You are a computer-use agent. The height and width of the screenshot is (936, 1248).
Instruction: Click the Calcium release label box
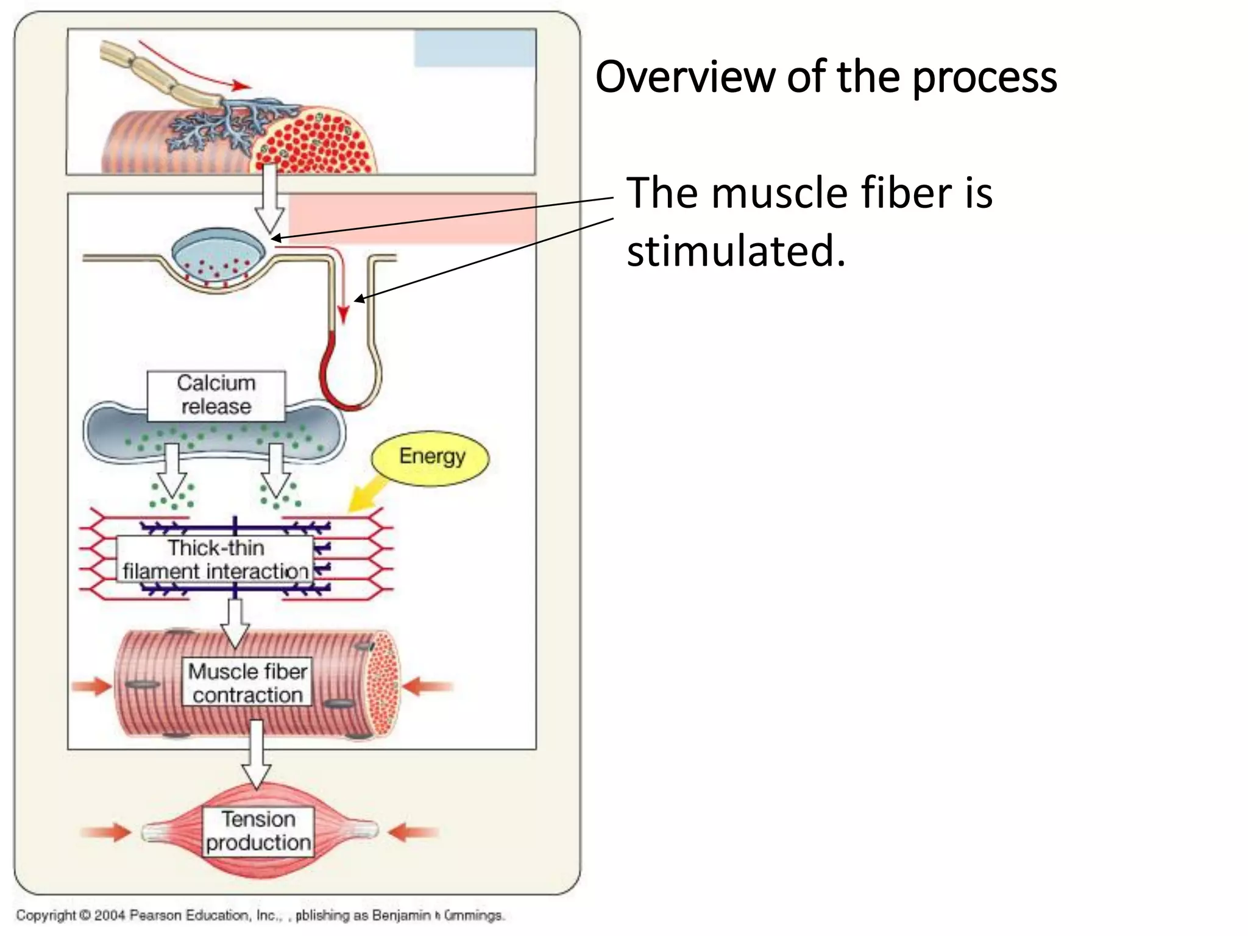click(216, 395)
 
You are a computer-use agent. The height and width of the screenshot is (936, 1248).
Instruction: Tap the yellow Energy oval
click(431, 458)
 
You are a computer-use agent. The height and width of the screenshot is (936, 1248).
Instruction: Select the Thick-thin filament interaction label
click(215, 559)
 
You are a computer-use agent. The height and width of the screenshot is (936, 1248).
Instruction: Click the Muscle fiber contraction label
click(247, 682)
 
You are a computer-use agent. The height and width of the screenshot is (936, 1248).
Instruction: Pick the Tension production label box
click(258, 831)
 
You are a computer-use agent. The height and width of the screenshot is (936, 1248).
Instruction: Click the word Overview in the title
click(686, 77)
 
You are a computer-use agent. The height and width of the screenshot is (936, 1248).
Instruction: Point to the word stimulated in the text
click(736, 251)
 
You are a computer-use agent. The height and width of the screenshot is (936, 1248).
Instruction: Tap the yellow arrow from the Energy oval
click(366, 494)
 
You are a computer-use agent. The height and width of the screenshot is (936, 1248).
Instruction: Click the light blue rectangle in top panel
click(475, 49)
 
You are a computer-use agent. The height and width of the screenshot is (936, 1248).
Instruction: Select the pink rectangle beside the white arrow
click(412, 219)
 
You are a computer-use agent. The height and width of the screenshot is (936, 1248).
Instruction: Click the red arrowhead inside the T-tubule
click(343, 313)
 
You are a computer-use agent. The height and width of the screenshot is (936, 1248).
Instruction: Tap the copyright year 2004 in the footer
click(109, 915)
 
